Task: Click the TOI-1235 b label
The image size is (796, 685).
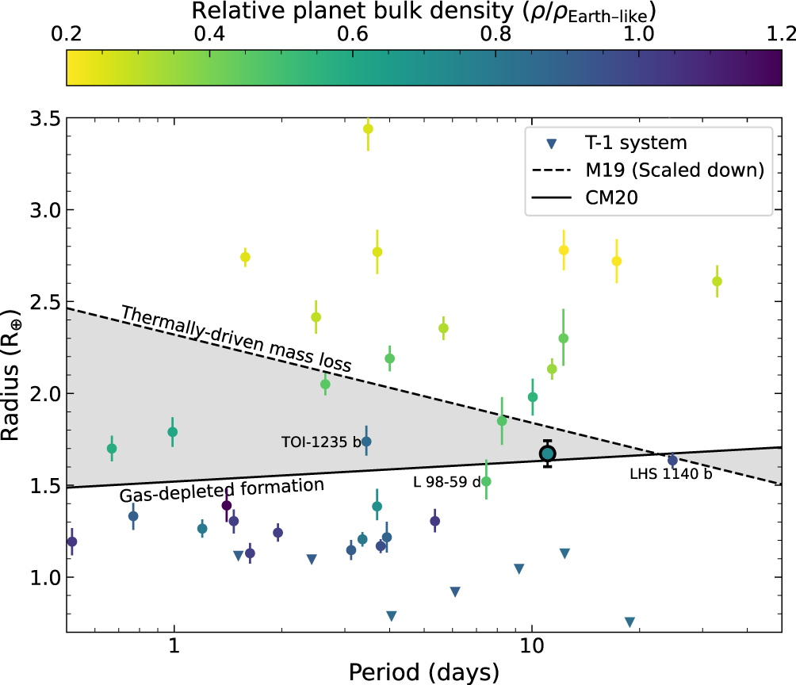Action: click(x=321, y=442)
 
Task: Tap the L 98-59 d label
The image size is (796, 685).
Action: click(x=446, y=482)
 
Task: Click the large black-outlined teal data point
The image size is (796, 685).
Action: click(x=547, y=453)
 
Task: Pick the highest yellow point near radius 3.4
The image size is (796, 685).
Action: click(x=368, y=129)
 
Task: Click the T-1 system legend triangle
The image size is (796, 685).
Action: click(x=553, y=144)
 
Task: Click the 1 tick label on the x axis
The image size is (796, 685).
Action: click(x=174, y=649)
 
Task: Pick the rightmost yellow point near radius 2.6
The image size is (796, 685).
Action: click(x=718, y=281)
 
